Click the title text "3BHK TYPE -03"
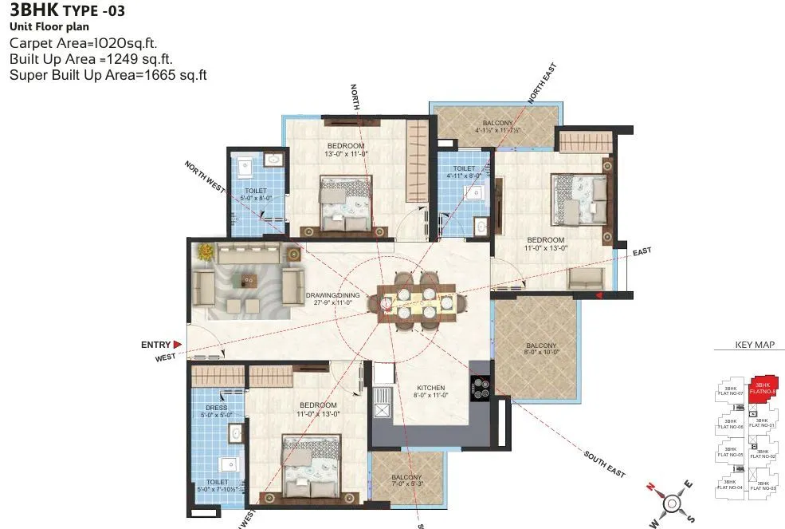[x=67, y=11]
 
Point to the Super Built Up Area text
[x=108, y=75]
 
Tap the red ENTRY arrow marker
[x=178, y=345]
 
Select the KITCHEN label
[x=429, y=391]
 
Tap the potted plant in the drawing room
[x=206, y=252]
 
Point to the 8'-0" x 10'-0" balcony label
[x=541, y=349]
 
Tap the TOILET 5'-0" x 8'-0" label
[x=256, y=195]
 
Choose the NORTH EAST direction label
[x=542, y=84]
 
